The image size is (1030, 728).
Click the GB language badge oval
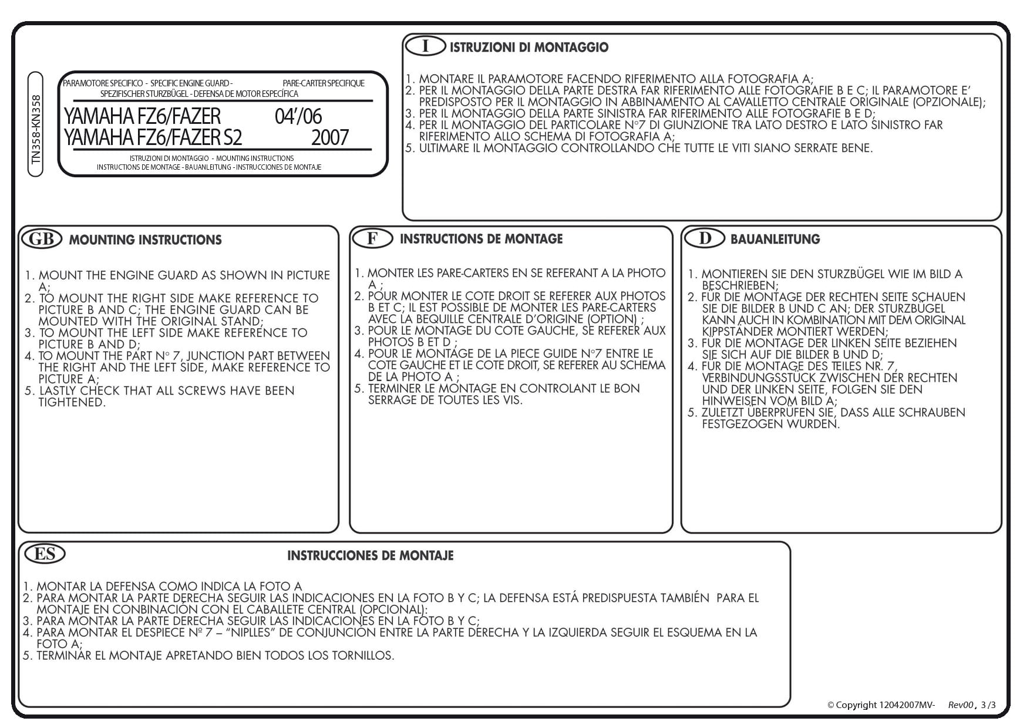(41, 238)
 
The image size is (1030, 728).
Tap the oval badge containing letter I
(426, 46)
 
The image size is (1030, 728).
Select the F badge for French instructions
(372, 238)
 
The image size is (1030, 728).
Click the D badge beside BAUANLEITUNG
(705, 238)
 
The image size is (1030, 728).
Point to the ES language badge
(45, 554)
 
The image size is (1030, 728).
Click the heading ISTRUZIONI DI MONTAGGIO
(529, 48)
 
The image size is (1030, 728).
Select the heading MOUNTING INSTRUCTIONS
(145, 240)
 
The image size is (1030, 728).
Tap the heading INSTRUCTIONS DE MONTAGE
(481, 239)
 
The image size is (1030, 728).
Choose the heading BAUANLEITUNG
(775, 239)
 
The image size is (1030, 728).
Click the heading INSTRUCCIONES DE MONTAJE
(370, 555)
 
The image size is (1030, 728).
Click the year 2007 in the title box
(329, 138)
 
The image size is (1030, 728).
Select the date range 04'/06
(298, 116)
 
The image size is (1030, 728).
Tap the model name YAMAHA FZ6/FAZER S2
(153, 138)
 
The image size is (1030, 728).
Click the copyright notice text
(880, 705)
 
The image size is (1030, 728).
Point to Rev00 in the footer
(961, 705)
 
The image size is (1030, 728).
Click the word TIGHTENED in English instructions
(72, 402)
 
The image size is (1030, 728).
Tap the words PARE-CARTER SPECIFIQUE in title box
(324, 83)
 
